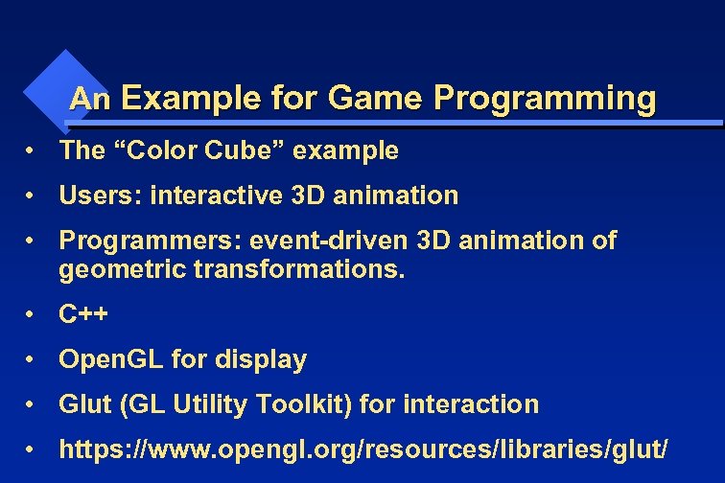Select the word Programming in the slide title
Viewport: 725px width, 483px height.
click(545, 98)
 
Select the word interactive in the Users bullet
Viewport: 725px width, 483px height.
click(215, 195)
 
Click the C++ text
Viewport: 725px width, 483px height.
click(83, 314)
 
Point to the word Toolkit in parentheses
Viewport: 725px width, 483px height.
click(311, 404)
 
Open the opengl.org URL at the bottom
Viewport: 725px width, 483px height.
click(363, 449)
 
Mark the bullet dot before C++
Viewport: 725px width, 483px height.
click(33, 314)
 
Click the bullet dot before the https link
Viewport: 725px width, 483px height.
click(33, 448)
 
